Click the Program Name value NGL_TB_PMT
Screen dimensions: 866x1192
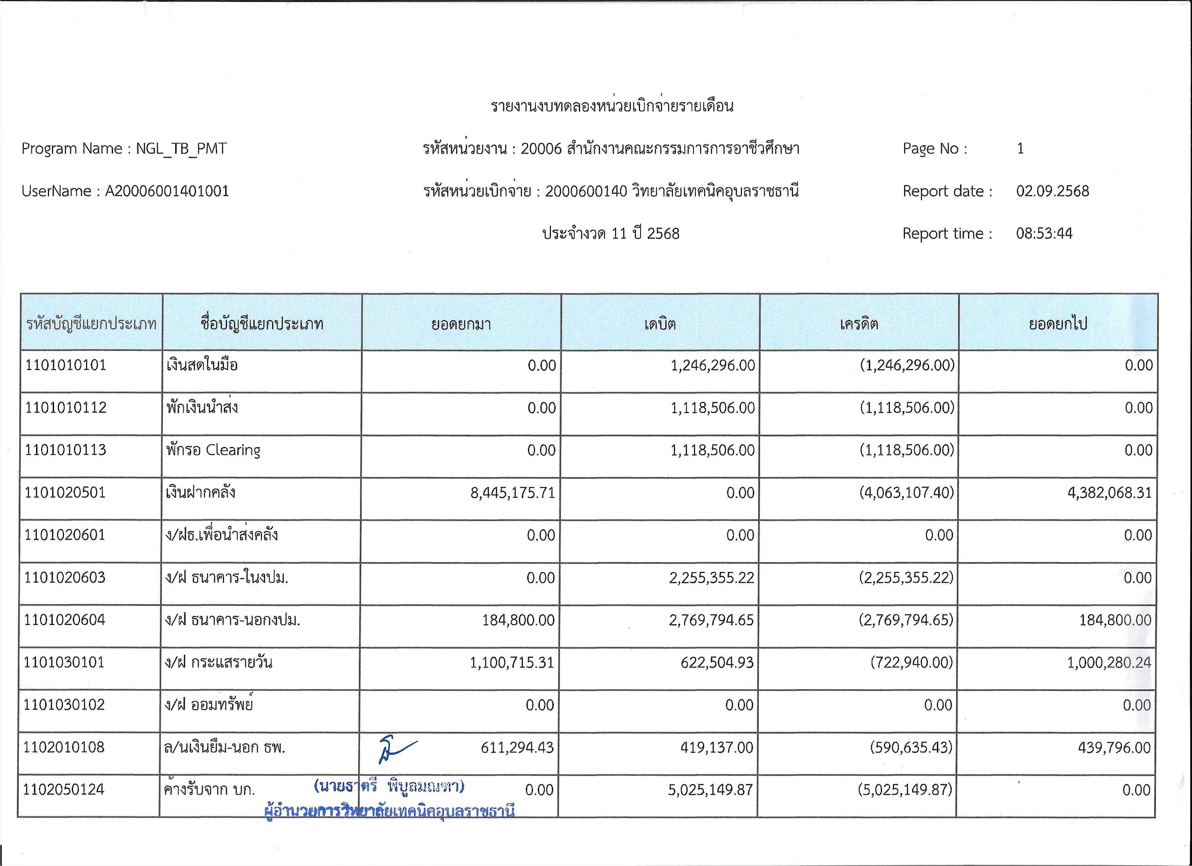click(x=181, y=149)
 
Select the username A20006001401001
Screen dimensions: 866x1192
click(x=167, y=191)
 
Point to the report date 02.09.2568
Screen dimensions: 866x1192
click(x=1052, y=191)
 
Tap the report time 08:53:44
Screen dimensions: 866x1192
click(x=1044, y=234)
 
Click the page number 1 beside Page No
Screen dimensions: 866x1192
click(x=1020, y=149)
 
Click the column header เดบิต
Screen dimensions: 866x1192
click(x=660, y=324)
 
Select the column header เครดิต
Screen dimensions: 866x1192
click(x=859, y=324)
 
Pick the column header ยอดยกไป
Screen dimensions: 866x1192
click(x=1057, y=324)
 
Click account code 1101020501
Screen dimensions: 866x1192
click(x=65, y=493)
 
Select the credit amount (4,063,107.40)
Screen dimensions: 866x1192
click(x=907, y=493)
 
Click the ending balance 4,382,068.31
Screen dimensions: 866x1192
click(x=1109, y=493)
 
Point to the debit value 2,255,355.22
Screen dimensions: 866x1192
click(x=711, y=578)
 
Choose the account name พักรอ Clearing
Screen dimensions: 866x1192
click(x=213, y=450)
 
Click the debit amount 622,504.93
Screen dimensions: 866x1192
click(x=717, y=662)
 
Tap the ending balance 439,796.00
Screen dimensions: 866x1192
click(x=1114, y=748)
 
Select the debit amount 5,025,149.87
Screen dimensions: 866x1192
click(x=710, y=790)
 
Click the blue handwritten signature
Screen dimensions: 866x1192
click(x=395, y=749)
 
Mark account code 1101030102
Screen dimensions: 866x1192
click(x=64, y=705)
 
